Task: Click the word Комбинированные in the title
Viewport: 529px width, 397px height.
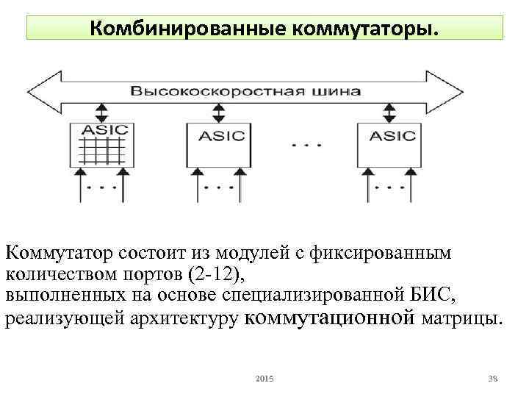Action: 188,29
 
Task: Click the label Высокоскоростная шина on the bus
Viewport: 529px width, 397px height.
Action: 246,92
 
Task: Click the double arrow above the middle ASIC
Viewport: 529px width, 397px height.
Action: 218,112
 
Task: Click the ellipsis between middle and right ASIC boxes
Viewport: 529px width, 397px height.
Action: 306,145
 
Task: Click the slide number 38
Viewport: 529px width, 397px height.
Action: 493,378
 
